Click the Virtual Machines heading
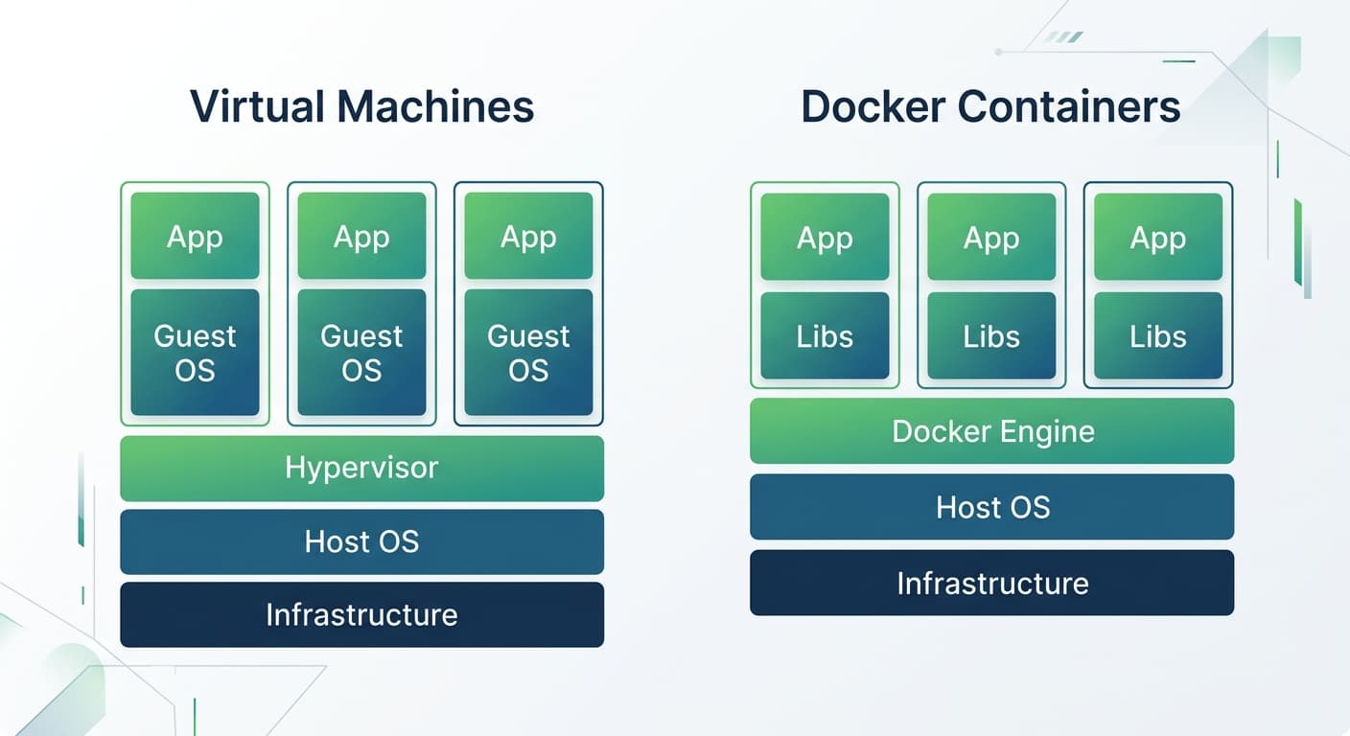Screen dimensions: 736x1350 tap(361, 105)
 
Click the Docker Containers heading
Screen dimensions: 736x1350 tap(990, 105)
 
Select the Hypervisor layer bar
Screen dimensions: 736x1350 tap(361, 468)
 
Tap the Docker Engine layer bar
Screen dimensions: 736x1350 tap(991, 431)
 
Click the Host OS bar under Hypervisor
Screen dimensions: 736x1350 tap(361, 541)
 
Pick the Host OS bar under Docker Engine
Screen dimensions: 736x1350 tap(991, 506)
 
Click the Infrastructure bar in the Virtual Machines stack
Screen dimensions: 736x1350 tap(361, 614)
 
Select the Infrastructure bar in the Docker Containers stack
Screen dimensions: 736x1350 tap(991, 583)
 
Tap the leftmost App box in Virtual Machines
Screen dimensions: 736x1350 tap(195, 236)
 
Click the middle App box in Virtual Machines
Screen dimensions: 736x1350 tap(361, 236)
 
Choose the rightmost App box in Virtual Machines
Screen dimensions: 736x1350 tap(528, 236)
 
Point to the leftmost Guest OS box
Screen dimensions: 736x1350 tap(195, 353)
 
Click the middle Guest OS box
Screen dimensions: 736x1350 tap(361, 353)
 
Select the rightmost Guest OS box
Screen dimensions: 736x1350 tap(528, 353)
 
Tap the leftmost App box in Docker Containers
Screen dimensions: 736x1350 tap(825, 237)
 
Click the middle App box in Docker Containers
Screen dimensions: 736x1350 tap(991, 237)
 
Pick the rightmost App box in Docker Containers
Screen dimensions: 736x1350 tap(1158, 237)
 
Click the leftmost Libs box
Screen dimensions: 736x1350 tap(825, 335)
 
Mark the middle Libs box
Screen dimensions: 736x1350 tap(991, 335)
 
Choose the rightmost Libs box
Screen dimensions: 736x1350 tap(1158, 335)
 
